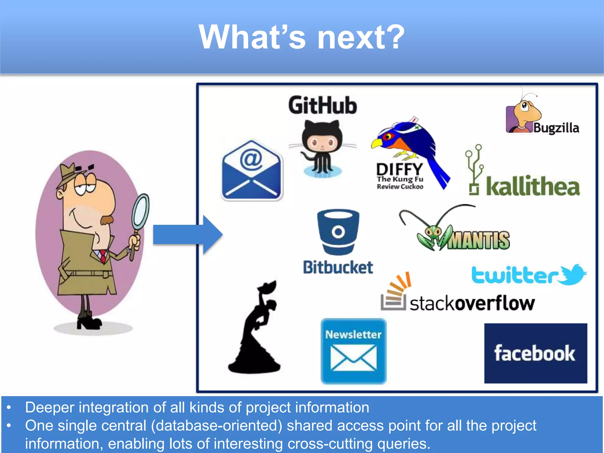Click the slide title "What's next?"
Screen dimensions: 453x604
(x=301, y=37)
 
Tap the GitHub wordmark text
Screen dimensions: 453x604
(x=323, y=105)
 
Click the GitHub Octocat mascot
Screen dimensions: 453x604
(x=322, y=147)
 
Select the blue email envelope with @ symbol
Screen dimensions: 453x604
(x=252, y=170)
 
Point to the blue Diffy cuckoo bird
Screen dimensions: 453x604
(x=413, y=147)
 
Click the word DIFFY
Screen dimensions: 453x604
(x=400, y=169)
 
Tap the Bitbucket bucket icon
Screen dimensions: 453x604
(x=338, y=232)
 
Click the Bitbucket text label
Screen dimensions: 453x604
(x=338, y=267)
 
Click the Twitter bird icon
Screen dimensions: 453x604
(x=574, y=274)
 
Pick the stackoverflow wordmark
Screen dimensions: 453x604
(x=472, y=303)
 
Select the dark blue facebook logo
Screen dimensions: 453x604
(x=536, y=353)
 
